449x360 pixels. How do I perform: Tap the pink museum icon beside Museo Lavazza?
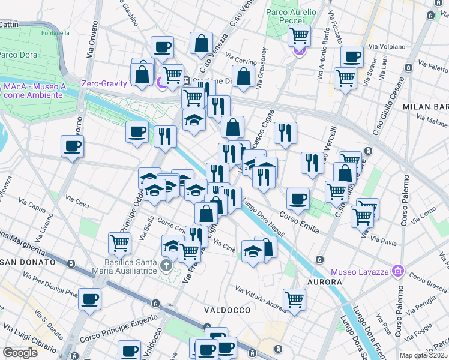[x=396, y=272]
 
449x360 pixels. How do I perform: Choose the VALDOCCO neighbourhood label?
[x=226, y=310]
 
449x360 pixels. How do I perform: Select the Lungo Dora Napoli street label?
[x=264, y=221]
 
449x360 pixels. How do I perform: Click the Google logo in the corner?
[x=20, y=353]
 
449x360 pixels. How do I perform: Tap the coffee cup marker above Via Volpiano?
[x=352, y=57]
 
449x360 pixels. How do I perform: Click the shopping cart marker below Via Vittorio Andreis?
[x=294, y=299]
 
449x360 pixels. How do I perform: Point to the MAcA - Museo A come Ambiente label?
[x=32, y=91]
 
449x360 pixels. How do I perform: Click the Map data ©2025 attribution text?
[x=424, y=355]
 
